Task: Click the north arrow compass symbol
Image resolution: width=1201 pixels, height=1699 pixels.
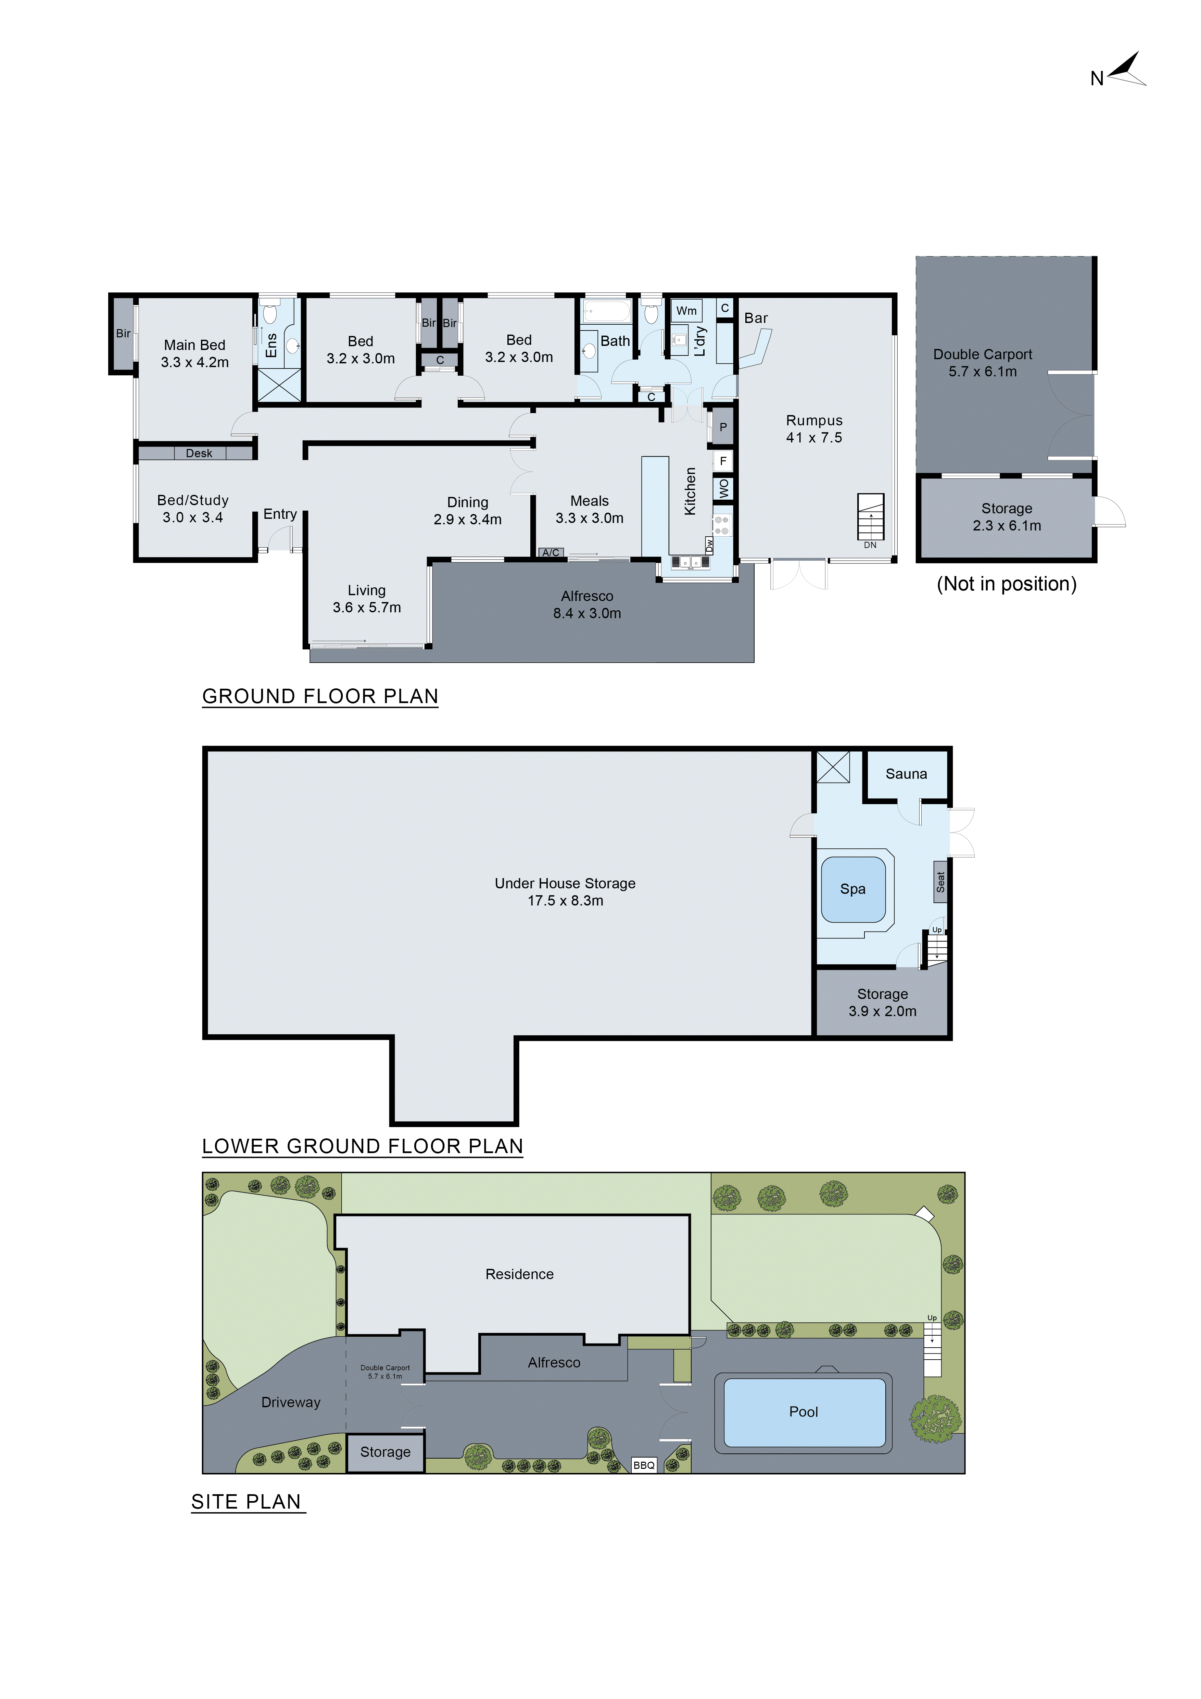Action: [1126, 70]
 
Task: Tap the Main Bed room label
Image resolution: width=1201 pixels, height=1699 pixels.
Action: [194, 345]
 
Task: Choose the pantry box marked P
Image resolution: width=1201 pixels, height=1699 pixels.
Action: [722, 427]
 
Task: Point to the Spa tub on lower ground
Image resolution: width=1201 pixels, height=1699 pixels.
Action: [853, 889]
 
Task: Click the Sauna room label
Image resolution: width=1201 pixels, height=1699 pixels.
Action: [906, 774]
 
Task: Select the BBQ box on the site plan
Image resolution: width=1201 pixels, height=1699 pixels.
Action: [643, 1465]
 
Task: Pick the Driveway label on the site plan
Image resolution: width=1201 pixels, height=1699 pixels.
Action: [291, 1402]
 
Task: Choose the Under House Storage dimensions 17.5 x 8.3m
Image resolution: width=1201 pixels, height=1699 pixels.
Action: [565, 901]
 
